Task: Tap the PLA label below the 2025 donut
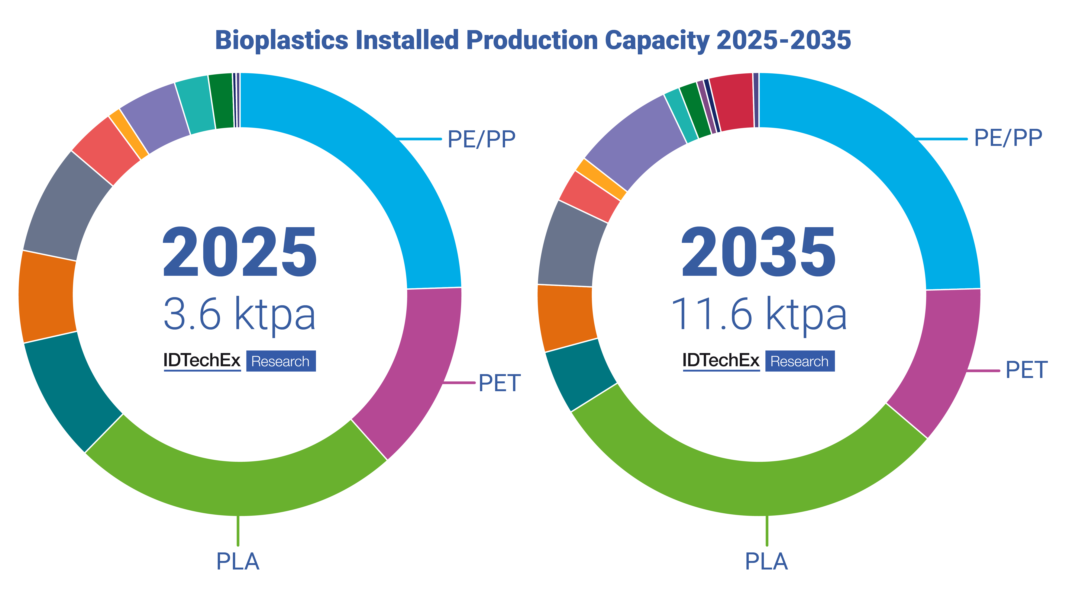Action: coord(238,562)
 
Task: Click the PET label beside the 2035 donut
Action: coord(1026,370)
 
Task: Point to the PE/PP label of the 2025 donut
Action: coord(481,139)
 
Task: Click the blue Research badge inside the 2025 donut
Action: coord(281,361)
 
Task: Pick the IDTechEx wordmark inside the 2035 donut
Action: coord(721,360)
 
